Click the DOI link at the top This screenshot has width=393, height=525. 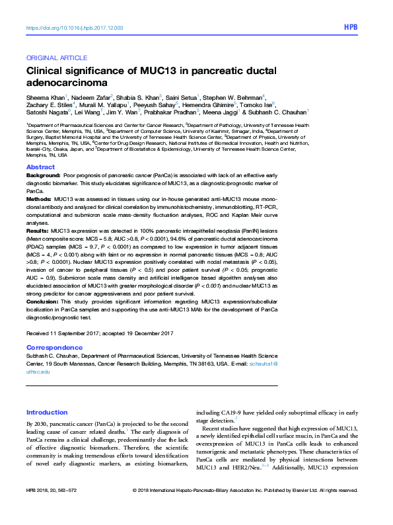74,28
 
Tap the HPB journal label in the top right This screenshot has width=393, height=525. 351,28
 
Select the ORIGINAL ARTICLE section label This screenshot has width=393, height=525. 51,58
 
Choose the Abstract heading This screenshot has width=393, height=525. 40,167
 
